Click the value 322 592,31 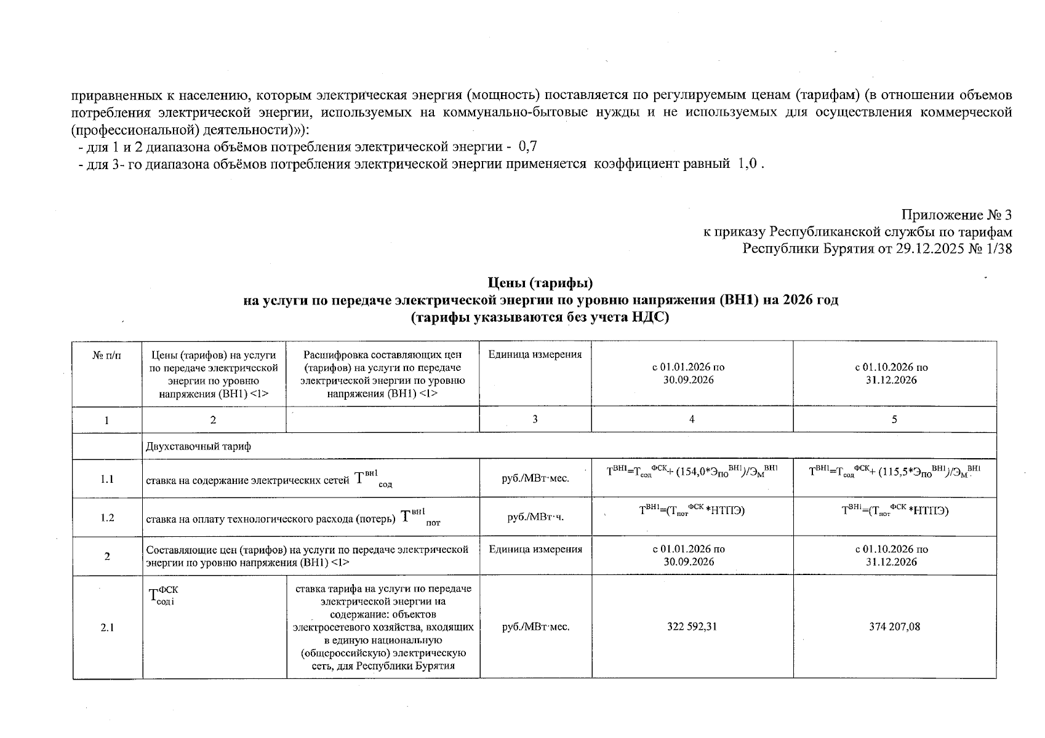[692, 627]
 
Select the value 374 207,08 [894, 627]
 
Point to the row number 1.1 [107, 479]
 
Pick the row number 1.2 [107, 517]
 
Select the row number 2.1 [107, 627]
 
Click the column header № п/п [107, 355]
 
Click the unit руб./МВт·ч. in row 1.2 [535, 517]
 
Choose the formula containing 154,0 [692, 472]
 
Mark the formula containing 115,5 [894, 472]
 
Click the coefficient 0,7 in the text [528, 147]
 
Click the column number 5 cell [894, 419]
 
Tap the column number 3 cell [535, 419]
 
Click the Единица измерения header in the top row [535, 355]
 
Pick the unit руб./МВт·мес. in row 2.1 [535, 627]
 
